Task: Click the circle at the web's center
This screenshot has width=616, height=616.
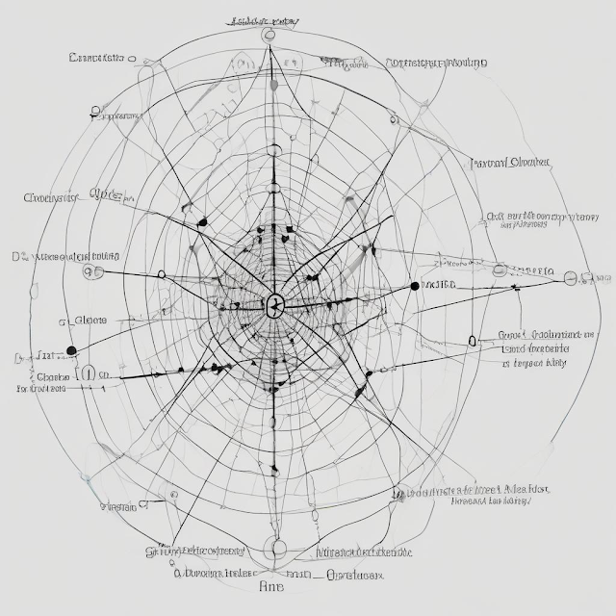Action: (274, 306)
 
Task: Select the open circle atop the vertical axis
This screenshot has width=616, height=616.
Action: (269, 35)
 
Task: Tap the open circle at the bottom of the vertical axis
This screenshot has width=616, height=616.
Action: (278, 549)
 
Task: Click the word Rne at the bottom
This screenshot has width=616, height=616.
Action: (273, 585)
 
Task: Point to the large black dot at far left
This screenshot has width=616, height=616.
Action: (70, 350)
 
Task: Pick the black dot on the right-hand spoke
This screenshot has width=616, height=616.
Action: (415, 286)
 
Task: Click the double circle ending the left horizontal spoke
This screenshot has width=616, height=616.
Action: (92, 271)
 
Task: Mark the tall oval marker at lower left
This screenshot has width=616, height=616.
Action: (90, 373)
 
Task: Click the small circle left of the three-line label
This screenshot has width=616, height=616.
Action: (472, 341)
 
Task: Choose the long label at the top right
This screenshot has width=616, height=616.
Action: (435, 63)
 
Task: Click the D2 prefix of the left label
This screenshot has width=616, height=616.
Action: (18, 257)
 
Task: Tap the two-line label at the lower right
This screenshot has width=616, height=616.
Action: (491, 495)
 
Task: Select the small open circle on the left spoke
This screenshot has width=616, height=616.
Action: (161, 275)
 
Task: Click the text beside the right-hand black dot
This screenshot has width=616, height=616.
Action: (439, 285)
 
